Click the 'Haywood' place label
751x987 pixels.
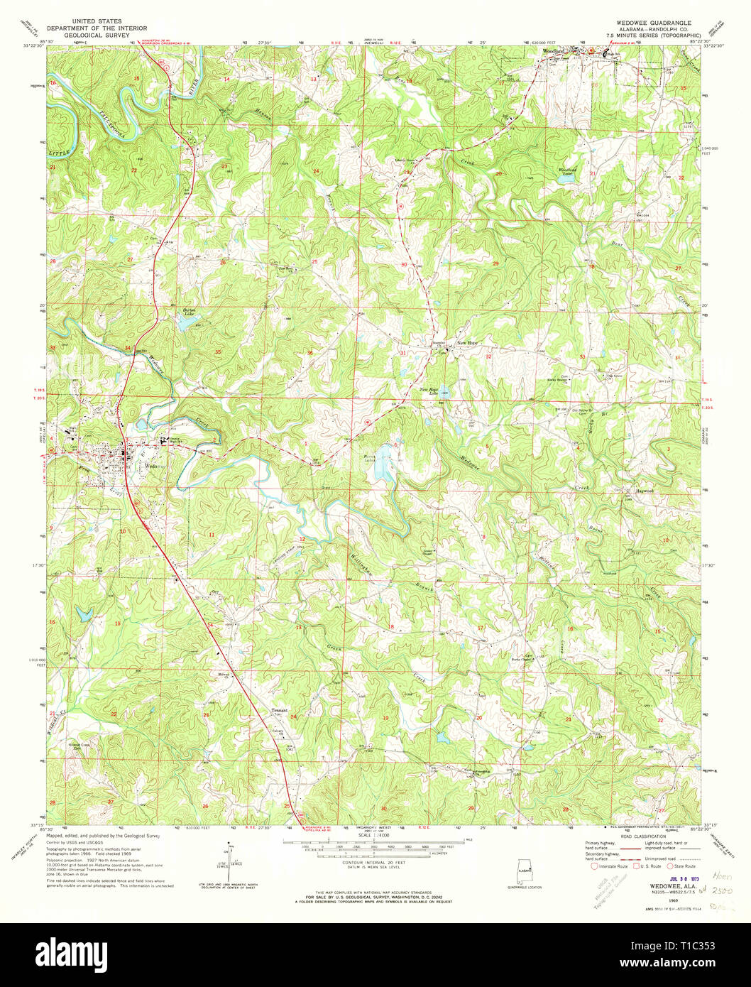pyautogui.click(x=643, y=491)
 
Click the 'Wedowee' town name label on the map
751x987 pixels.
pyautogui.click(x=151, y=467)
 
